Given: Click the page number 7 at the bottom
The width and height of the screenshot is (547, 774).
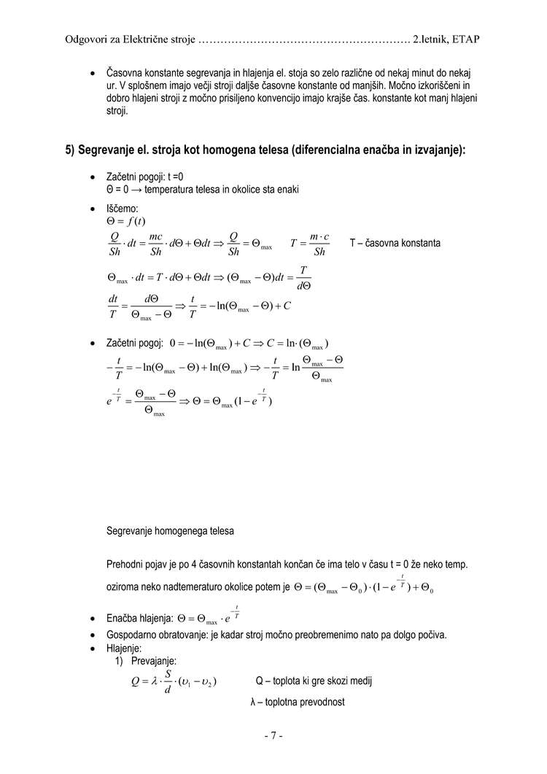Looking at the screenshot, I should [x=273, y=736].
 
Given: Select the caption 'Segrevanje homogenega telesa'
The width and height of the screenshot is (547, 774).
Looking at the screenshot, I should [x=170, y=531].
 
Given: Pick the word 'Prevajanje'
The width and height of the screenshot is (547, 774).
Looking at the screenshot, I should [x=154, y=661].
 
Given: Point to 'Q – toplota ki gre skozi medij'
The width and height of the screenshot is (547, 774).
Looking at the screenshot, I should [x=314, y=681].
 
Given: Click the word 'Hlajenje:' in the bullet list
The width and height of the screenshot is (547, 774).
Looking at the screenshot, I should [x=124, y=648].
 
